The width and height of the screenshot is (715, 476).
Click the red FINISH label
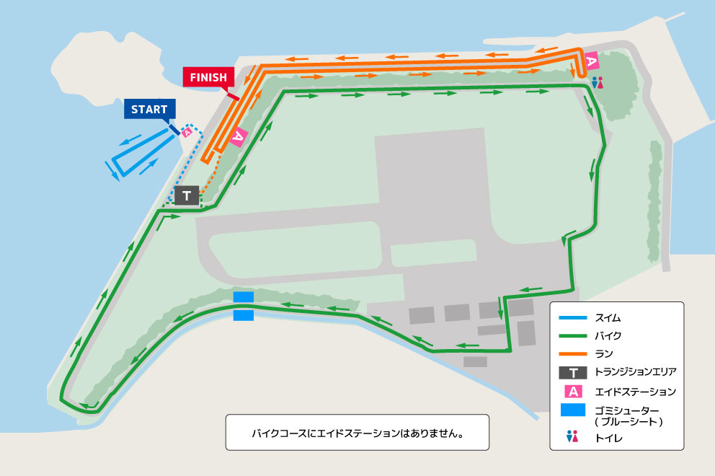(x=208, y=77)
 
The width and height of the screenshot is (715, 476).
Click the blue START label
(x=149, y=110)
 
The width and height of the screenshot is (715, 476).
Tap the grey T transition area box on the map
(x=187, y=195)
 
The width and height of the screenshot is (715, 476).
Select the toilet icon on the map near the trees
(x=597, y=83)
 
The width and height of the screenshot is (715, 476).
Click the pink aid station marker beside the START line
(x=187, y=132)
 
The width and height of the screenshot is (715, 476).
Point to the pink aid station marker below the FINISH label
(x=239, y=135)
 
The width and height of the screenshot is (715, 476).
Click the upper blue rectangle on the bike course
(x=244, y=297)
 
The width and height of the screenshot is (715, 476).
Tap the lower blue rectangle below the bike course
(x=244, y=315)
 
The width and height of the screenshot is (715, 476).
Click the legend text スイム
(x=608, y=317)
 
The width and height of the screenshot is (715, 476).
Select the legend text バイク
(x=608, y=336)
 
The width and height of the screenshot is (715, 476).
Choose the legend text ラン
(x=604, y=354)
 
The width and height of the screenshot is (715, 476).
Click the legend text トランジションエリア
(x=635, y=373)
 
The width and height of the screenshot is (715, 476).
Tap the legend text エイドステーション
(x=635, y=392)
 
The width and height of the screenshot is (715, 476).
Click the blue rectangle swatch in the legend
(x=573, y=410)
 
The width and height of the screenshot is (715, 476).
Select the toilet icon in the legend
(x=573, y=436)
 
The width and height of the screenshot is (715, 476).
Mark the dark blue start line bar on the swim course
(x=174, y=129)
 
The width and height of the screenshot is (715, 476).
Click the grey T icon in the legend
(x=573, y=373)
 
